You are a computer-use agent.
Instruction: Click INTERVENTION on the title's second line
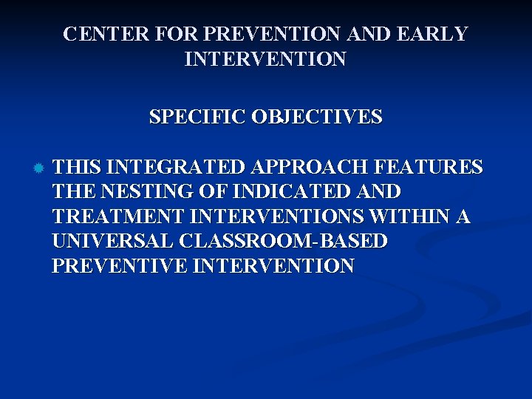click(x=265, y=59)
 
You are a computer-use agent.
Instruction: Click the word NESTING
click(x=160, y=192)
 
